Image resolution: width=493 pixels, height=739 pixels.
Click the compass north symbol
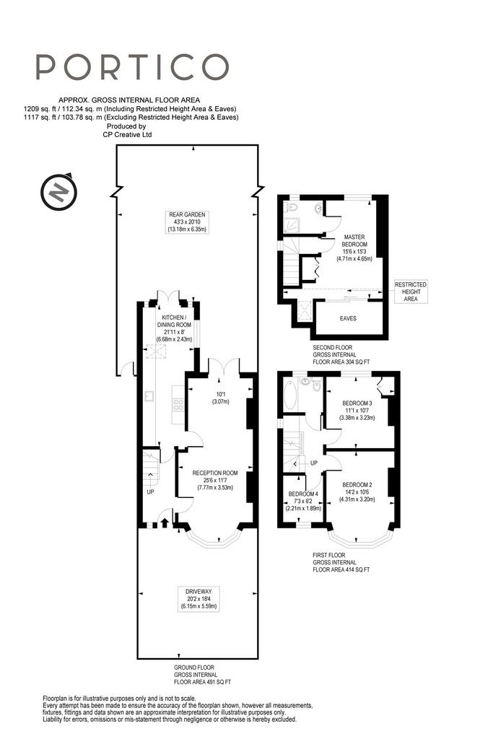58,192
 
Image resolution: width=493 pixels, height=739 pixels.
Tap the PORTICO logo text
132,66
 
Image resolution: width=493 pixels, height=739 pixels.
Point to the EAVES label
348,318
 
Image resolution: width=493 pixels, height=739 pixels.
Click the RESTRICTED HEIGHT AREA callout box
411,292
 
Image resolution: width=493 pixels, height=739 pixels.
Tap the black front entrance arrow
165,522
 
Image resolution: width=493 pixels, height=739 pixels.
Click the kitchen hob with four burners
179,404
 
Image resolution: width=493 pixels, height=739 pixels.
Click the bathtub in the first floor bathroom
290,396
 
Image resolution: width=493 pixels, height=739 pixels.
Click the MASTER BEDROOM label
354,240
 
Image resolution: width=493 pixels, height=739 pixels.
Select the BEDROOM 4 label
303,494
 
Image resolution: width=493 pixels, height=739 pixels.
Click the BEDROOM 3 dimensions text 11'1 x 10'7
357,411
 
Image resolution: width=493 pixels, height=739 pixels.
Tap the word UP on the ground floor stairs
150,492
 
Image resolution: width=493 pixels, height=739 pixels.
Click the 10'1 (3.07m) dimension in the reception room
220,398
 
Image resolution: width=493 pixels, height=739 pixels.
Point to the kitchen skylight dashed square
157,351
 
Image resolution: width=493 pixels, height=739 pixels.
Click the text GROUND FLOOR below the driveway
193,668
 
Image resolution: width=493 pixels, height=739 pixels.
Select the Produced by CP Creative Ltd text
127,131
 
